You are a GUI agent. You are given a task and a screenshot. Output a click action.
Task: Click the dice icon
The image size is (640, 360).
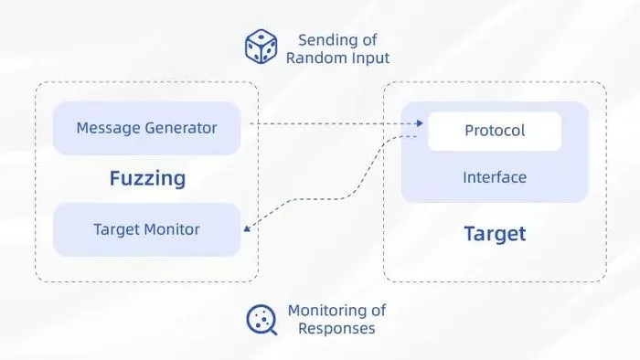pos(261,47)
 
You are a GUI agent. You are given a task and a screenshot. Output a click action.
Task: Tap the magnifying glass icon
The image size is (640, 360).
pos(261,320)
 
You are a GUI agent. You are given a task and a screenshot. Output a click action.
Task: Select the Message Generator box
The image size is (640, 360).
pos(146,129)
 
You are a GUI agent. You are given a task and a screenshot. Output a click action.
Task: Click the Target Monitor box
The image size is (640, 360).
pos(146,229)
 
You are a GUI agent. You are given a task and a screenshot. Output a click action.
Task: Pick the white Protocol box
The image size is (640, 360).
pos(495,132)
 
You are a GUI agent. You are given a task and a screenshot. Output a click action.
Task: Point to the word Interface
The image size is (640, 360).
pos(495,177)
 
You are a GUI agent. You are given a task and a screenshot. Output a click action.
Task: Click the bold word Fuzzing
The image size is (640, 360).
pos(147,178)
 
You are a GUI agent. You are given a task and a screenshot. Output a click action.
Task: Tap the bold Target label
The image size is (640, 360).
pos(496,234)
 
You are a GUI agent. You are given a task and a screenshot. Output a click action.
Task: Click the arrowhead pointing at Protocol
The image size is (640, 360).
pos(420,123)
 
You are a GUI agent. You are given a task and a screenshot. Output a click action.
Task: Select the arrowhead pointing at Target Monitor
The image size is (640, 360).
pos(247,228)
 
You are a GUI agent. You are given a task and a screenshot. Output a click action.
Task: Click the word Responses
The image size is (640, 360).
pos(336,329)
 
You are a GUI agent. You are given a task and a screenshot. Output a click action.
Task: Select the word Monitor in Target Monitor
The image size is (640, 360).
pos(172,229)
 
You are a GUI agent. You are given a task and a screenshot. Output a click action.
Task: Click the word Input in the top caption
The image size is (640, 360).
pos(370,58)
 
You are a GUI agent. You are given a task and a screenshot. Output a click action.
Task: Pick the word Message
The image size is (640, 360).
pos(109,129)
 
